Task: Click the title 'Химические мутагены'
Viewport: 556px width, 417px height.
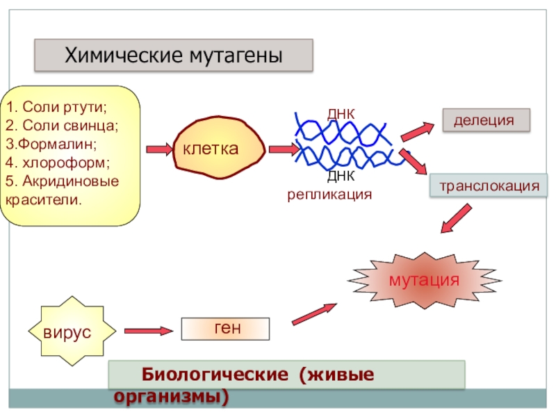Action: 174,56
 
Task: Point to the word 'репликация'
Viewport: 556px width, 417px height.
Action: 330,195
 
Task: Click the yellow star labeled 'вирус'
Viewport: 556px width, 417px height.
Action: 67,331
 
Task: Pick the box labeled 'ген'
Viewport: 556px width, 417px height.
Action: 225,328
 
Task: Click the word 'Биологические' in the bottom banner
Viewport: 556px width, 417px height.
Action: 215,375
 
